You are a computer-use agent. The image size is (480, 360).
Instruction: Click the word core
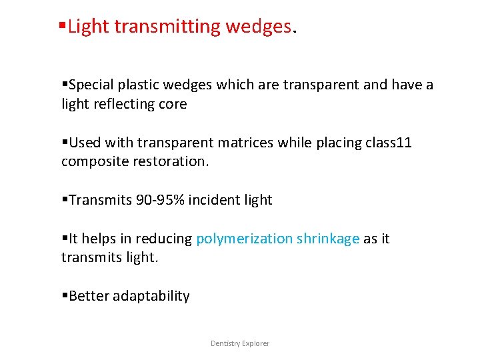(172, 105)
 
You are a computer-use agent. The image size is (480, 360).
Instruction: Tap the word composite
(91, 162)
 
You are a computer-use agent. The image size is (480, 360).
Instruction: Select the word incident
(211, 200)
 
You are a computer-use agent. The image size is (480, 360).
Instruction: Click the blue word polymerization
(245, 239)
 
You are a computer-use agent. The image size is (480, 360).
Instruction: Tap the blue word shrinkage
(328, 239)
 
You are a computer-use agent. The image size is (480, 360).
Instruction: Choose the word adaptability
(151, 296)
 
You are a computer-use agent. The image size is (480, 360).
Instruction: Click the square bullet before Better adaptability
(65, 296)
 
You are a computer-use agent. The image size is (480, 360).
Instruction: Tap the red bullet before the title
(62, 27)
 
